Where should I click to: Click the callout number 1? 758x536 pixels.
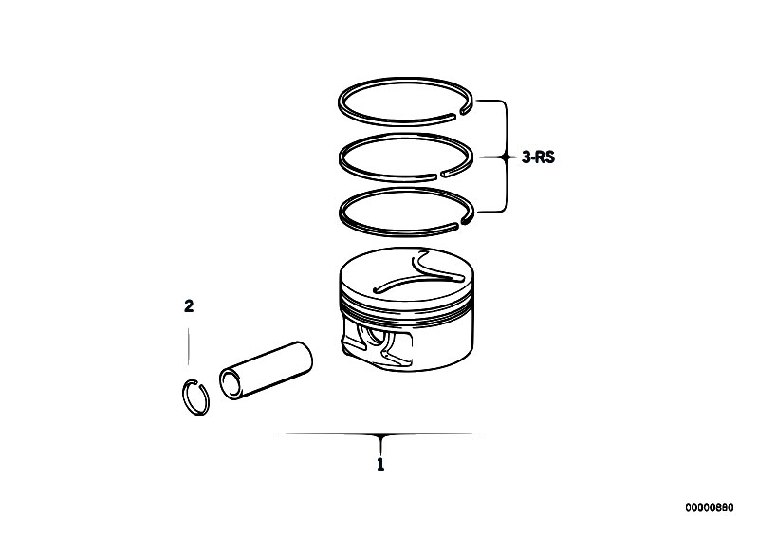380,464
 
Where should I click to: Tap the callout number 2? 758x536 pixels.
189,305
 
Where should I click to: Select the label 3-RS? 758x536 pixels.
538,157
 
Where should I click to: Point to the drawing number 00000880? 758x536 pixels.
709,508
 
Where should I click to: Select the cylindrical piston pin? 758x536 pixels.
266,370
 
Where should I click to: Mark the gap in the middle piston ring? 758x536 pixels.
439,174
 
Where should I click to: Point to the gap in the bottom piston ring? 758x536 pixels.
459,224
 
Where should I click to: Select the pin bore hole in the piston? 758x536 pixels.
375,337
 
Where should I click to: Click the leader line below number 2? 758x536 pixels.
189,346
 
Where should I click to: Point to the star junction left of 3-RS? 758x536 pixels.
507,157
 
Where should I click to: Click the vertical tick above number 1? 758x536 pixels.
380,445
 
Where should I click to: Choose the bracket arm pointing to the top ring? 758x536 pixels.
491,101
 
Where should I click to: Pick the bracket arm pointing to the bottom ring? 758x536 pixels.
491,212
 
